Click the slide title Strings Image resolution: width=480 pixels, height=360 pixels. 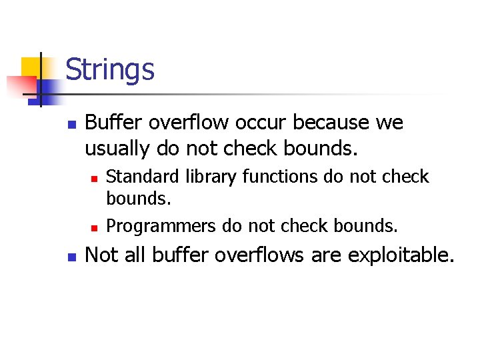click(x=110, y=70)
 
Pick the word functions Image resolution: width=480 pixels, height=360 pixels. click(x=280, y=177)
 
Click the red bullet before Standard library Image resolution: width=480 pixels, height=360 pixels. click(x=95, y=178)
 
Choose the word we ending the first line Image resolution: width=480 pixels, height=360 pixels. click(x=389, y=123)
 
